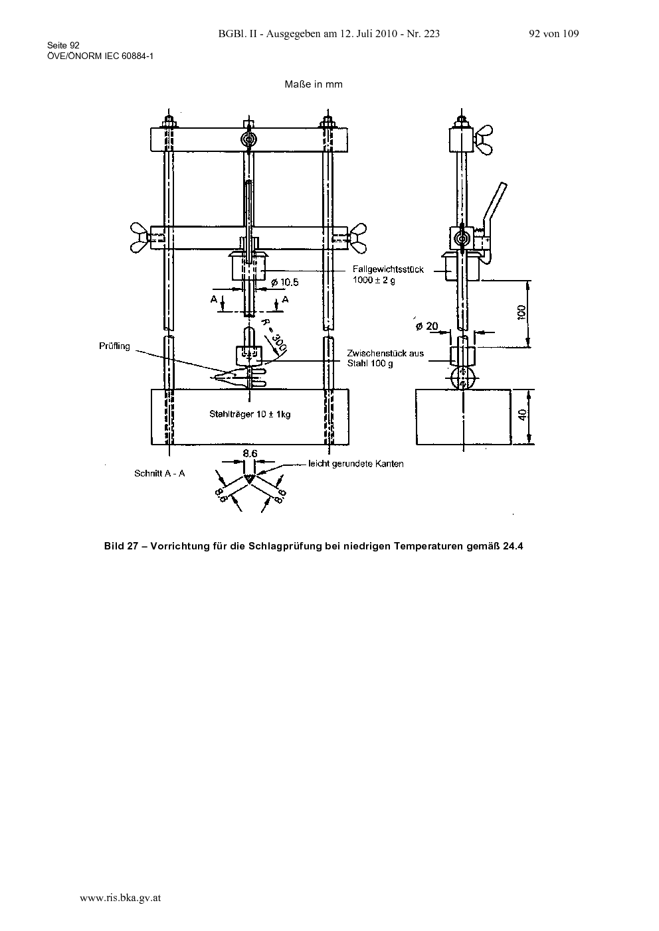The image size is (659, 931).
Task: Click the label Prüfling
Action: [x=114, y=346]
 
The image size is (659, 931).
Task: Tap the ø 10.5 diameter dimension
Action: [x=285, y=283]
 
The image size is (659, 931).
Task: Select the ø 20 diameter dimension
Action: [x=427, y=326]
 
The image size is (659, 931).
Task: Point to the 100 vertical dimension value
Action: [x=521, y=312]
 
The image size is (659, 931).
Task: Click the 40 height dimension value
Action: [x=523, y=414]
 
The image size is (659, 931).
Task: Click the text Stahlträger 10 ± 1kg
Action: [x=250, y=414]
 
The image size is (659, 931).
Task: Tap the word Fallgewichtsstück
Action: [x=388, y=269]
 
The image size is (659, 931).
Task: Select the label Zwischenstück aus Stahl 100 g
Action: [x=385, y=358]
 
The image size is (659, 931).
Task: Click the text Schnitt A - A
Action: [x=159, y=473]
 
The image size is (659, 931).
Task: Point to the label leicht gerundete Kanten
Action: [x=356, y=464]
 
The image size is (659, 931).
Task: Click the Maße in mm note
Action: [x=314, y=84]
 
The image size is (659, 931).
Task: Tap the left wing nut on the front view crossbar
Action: [x=140, y=238]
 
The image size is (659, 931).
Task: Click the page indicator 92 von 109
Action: [x=554, y=34]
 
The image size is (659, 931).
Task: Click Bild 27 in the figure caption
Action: [x=121, y=545]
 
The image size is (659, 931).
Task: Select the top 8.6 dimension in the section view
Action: [x=250, y=453]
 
